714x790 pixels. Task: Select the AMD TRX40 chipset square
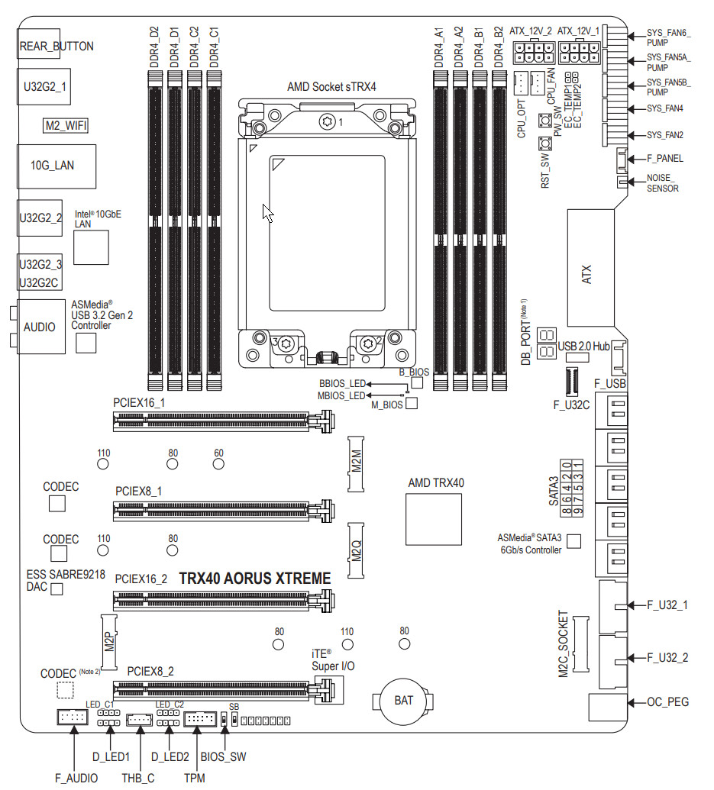pos(434,520)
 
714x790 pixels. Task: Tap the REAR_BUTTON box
pos(56,46)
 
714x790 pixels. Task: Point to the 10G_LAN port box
pos(57,165)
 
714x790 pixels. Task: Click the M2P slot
pos(110,641)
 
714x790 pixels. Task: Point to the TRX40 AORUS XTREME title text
pos(254,579)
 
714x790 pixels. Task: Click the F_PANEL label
pos(664,159)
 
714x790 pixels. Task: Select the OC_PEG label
pos(668,701)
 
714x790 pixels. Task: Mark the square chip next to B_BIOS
pos(417,382)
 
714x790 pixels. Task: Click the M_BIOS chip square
pos(412,404)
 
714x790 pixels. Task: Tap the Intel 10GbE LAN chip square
pos(92,247)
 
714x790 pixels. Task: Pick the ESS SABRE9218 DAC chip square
pos(57,589)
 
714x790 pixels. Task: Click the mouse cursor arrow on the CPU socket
pos(267,213)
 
